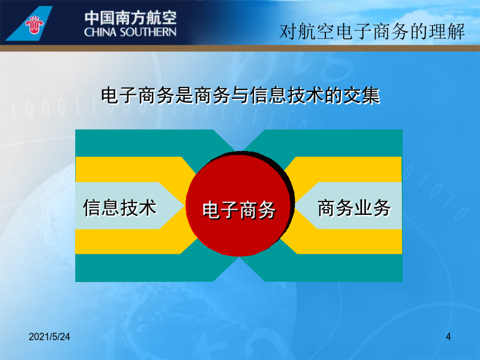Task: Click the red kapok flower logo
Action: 34,25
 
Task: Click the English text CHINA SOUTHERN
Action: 130,32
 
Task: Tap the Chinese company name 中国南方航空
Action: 131,18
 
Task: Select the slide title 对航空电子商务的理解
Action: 372,31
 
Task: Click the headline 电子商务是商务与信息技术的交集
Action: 241,95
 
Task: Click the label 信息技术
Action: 119,207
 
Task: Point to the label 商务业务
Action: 354,208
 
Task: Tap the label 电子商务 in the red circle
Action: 239,210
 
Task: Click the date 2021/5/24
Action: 49,337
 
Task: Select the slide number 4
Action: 448,337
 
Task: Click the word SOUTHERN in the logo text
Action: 148,32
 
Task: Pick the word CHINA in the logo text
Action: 100,32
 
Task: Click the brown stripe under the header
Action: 240,48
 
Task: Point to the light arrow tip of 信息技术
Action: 185,205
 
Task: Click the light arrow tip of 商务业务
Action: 295,205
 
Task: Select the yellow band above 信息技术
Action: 129,169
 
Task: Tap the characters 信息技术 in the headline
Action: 287,95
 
